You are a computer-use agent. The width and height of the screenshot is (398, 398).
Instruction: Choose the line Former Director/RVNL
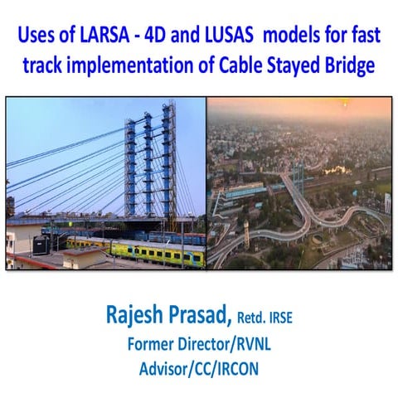(x=199, y=342)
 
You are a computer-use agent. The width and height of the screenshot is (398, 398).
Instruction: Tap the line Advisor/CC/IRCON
(x=199, y=366)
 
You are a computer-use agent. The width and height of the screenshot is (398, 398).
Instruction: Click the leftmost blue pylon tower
(x=130, y=166)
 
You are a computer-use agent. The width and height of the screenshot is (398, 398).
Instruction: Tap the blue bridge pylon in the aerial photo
(x=301, y=173)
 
